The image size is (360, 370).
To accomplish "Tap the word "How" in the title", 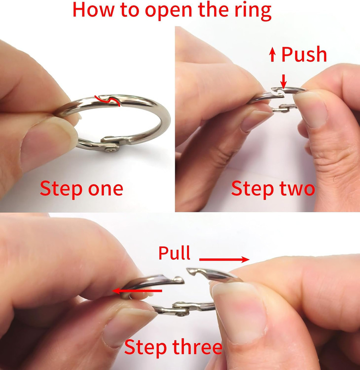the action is pyautogui.click(x=94, y=10).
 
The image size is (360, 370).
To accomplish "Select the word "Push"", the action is pyautogui.click(x=304, y=54).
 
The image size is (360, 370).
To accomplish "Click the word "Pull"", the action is pyautogui.click(x=174, y=253).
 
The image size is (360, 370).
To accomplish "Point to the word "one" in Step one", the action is pyautogui.click(x=105, y=189).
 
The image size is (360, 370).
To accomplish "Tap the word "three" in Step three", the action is pyautogui.click(x=197, y=347).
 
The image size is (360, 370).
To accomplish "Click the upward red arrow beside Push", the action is pyautogui.click(x=272, y=54).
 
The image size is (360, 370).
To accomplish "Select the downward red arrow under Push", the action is pyautogui.click(x=283, y=82).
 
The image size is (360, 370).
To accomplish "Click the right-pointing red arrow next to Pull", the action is pyautogui.click(x=224, y=260).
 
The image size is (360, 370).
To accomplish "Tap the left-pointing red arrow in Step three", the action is pyautogui.click(x=137, y=291).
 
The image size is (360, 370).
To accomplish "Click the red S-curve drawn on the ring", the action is pyautogui.click(x=107, y=100).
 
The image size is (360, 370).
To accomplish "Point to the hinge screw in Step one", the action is pyautogui.click(x=111, y=149).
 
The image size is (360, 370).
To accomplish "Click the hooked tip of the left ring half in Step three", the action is pyautogui.click(x=180, y=280).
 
